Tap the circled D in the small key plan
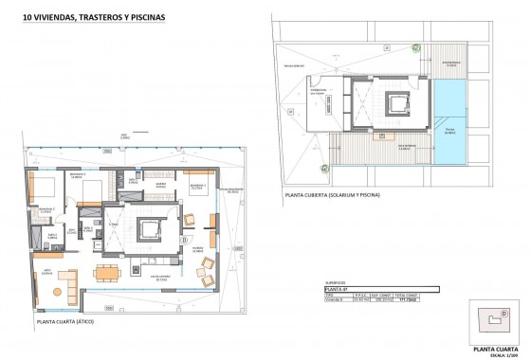click(x=504, y=312)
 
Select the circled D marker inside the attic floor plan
click(x=182, y=240)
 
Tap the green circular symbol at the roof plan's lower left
click(x=323, y=168)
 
